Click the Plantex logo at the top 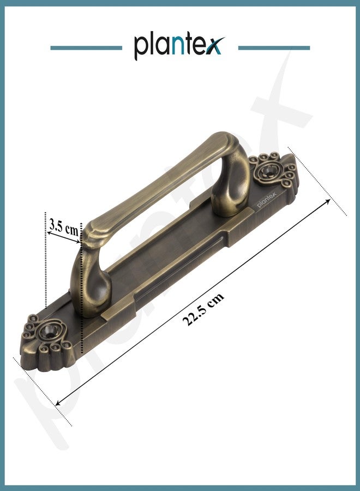point(179,47)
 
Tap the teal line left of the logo point(86,48)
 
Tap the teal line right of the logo point(274,48)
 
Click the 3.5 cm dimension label point(64,227)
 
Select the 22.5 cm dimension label point(203,309)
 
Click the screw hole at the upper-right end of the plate point(268,171)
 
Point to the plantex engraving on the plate point(267,199)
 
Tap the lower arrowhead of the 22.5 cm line point(58,403)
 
